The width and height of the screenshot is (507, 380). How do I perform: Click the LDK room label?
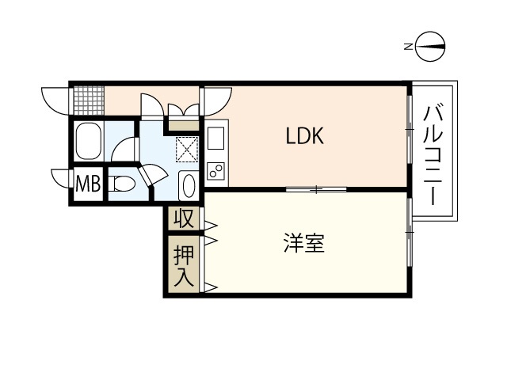[x=305, y=136]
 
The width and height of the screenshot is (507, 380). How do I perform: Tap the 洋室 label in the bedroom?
[x=304, y=244]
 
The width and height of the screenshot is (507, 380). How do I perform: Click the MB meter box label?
[x=88, y=185]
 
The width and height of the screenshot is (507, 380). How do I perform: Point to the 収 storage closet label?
[x=184, y=218]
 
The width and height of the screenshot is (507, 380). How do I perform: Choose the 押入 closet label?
[x=183, y=265]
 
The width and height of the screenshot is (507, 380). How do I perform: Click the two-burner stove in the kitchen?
[x=215, y=170]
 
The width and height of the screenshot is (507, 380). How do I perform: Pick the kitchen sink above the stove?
[x=215, y=140]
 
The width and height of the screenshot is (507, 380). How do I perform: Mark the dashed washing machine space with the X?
[x=188, y=148]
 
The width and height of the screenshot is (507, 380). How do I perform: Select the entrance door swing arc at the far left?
[x=56, y=100]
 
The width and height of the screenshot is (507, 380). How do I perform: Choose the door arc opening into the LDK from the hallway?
[x=215, y=99]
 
